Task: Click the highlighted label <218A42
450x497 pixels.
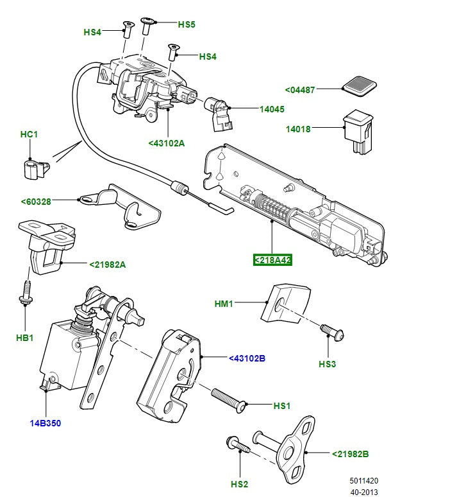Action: tap(272, 260)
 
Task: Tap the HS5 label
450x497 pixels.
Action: tap(186, 24)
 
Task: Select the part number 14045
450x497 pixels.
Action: tap(271, 109)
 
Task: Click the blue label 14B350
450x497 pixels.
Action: tap(46, 423)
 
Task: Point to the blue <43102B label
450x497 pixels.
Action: tap(247, 358)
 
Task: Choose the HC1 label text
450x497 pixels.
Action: tap(29, 134)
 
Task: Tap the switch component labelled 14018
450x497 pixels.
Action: tap(358, 131)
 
